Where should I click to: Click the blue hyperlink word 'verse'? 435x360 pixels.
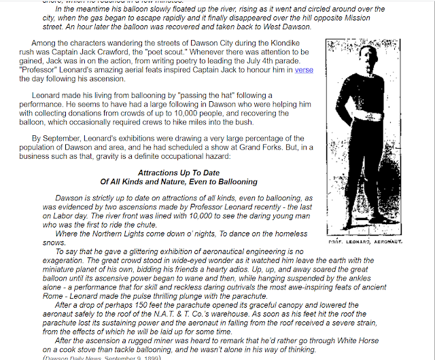[304, 69]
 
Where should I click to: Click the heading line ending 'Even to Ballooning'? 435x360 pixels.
[179, 181]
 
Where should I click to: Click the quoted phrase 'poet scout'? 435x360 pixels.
[213, 51]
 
